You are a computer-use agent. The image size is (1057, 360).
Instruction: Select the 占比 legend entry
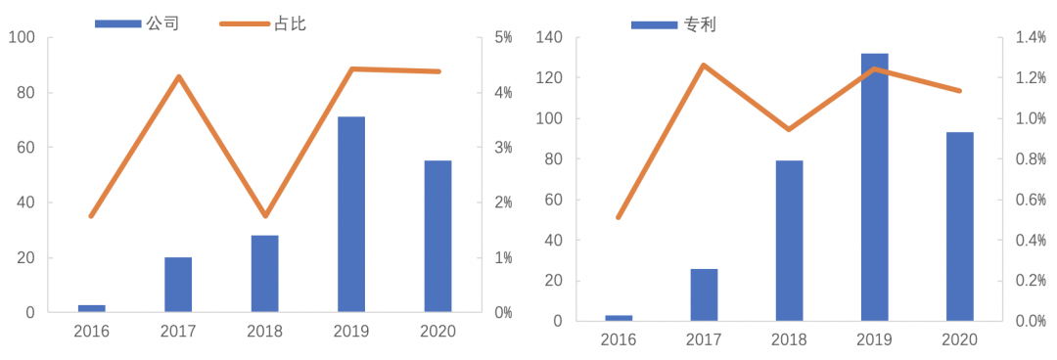[x=290, y=22]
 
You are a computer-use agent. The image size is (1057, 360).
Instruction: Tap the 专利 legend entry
[x=700, y=24]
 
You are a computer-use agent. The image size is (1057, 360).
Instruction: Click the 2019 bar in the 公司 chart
[x=351, y=214]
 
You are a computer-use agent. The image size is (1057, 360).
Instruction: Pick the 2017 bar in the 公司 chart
[x=178, y=285]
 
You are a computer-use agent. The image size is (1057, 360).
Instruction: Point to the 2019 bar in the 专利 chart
[x=875, y=187]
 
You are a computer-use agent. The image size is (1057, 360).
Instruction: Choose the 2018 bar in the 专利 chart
[x=789, y=241]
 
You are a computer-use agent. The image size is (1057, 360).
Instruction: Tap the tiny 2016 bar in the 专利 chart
[x=619, y=318]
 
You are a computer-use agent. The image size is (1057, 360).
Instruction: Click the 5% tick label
[x=504, y=37]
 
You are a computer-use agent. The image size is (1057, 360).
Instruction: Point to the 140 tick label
[x=549, y=37]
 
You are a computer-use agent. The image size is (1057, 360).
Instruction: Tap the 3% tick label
[x=504, y=148]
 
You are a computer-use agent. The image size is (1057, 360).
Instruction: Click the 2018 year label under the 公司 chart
[x=264, y=331]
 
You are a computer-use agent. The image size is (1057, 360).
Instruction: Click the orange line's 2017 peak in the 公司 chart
[x=178, y=76]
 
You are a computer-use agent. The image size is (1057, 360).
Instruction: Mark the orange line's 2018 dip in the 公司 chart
[x=264, y=215]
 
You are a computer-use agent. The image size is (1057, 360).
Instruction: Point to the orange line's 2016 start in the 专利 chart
[x=619, y=217]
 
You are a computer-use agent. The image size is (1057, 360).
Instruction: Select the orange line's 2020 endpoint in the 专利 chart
[x=959, y=91]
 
